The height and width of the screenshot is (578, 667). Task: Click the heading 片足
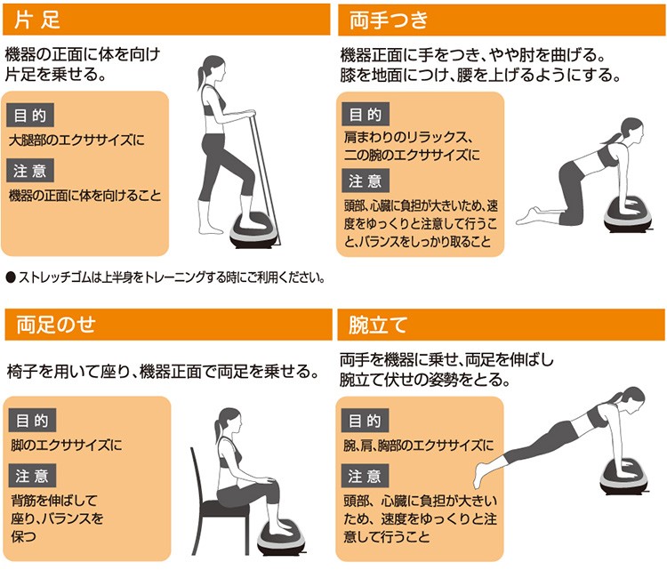coord(37,20)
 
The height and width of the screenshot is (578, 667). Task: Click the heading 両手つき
coord(389,20)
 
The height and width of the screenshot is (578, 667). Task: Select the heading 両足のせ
coord(56,325)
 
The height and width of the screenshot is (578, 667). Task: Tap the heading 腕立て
coord(378,325)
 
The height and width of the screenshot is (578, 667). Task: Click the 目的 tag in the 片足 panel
coord(30,115)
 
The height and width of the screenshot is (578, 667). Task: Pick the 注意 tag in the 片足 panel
coord(30,171)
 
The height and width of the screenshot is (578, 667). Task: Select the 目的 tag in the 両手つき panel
coord(366,114)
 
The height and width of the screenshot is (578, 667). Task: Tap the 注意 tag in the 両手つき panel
coord(366,181)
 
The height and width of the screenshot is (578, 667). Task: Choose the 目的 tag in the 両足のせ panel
coord(32,421)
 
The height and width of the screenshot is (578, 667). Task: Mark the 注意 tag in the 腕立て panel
coord(365,476)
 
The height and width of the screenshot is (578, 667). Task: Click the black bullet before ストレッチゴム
coord(11,277)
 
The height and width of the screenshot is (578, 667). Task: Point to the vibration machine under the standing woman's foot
coord(254,232)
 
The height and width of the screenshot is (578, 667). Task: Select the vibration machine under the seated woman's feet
coord(282,538)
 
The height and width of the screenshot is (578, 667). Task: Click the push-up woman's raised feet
coord(479,474)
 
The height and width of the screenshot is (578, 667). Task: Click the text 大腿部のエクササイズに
coord(77,140)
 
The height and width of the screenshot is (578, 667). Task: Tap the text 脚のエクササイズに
coord(67,445)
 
